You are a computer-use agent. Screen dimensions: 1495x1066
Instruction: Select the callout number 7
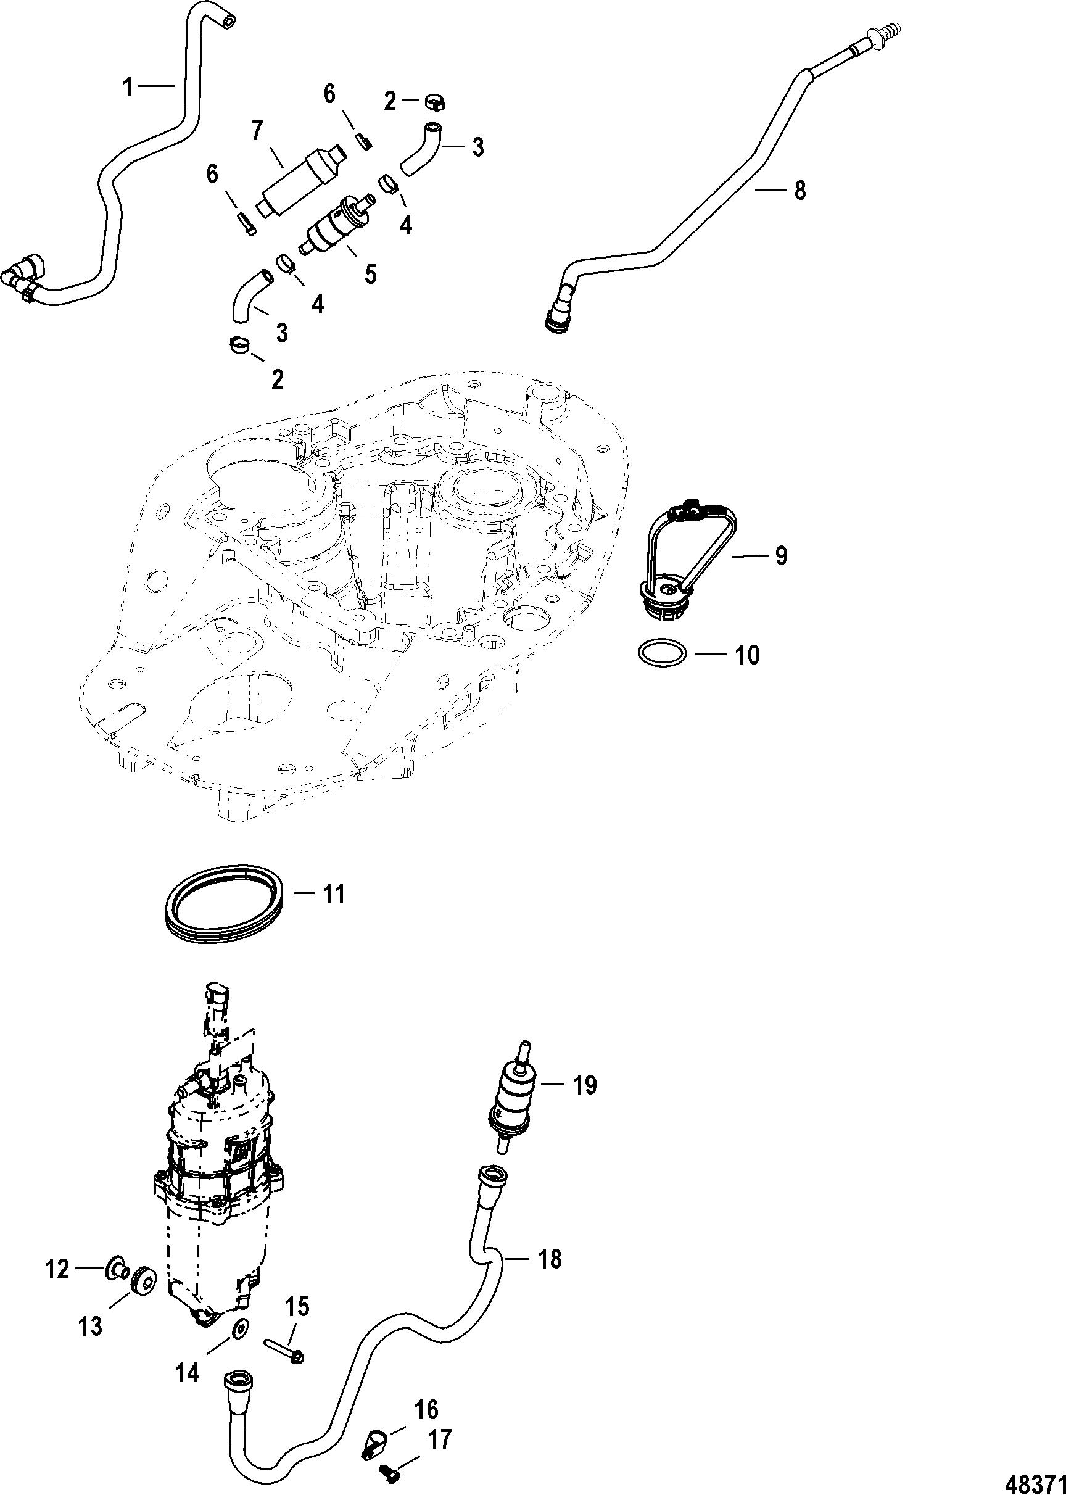click(x=257, y=131)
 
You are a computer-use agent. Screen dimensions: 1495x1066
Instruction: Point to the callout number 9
click(x=780, y=555)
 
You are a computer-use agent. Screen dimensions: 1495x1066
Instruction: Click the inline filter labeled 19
click(x=513, y=1104)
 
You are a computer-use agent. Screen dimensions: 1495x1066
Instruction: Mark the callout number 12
click(x=57, y=1270)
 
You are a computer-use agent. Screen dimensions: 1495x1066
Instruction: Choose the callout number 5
click(x=370, y=273)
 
